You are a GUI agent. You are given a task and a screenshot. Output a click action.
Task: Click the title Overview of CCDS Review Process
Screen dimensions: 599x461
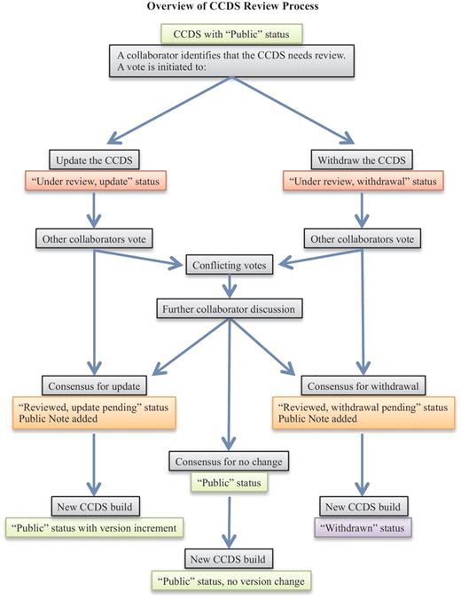tap(230, 8)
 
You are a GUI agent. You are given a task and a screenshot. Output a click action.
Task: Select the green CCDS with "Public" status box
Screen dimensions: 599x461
tap(230, 35)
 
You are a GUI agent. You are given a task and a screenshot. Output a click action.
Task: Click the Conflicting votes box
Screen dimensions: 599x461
tap(230, 263)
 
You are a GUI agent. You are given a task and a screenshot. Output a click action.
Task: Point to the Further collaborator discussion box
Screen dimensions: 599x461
tap(230, 310)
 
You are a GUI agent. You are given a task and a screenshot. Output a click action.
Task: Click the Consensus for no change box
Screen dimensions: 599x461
tap(230, 461)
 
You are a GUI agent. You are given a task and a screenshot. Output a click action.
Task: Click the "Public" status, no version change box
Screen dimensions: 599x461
tap(230, 581)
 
